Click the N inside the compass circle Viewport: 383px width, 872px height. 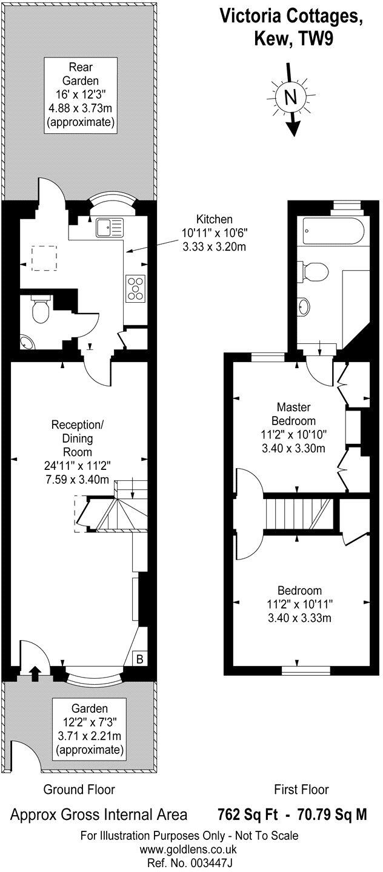click(x=290, y=97)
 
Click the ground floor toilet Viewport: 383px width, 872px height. click(x=41, y=311)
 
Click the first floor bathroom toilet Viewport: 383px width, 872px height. click(x=315, y=271)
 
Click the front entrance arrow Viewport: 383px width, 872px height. click(x=35, y=670)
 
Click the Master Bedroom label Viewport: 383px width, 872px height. click(x=294, y=413)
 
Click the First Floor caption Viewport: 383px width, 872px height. click(x=301, y=789)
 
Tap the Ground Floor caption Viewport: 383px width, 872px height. click(x=79, y=789)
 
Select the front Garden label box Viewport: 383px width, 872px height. click(x=90, y=730)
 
